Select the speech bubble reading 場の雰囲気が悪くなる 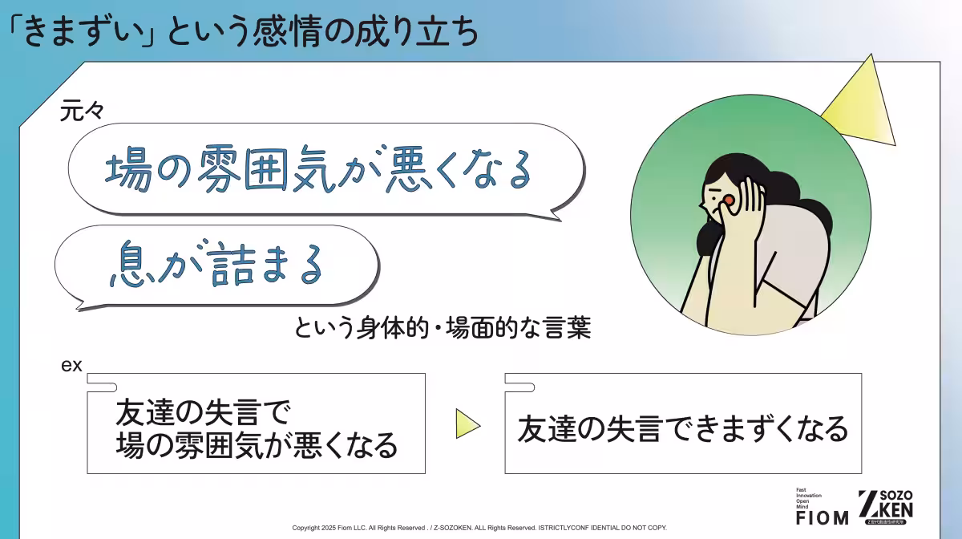pyautogui.click(x=321, y=169)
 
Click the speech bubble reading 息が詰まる pyautogui.click(x=216, y=265)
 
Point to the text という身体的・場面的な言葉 pyautogui.click(x=443, y=330)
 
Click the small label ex pyautogui.click(x=72, y=365)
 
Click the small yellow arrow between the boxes pyautogui.click(x=467, y=423)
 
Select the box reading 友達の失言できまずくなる pyautogui.click(x=682, y=429)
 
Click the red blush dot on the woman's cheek pyautogui.click(x=729, y=200)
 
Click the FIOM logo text pyautogui.click(x=822, y=517)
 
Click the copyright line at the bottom pyautogui.click(x=479, y=528)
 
